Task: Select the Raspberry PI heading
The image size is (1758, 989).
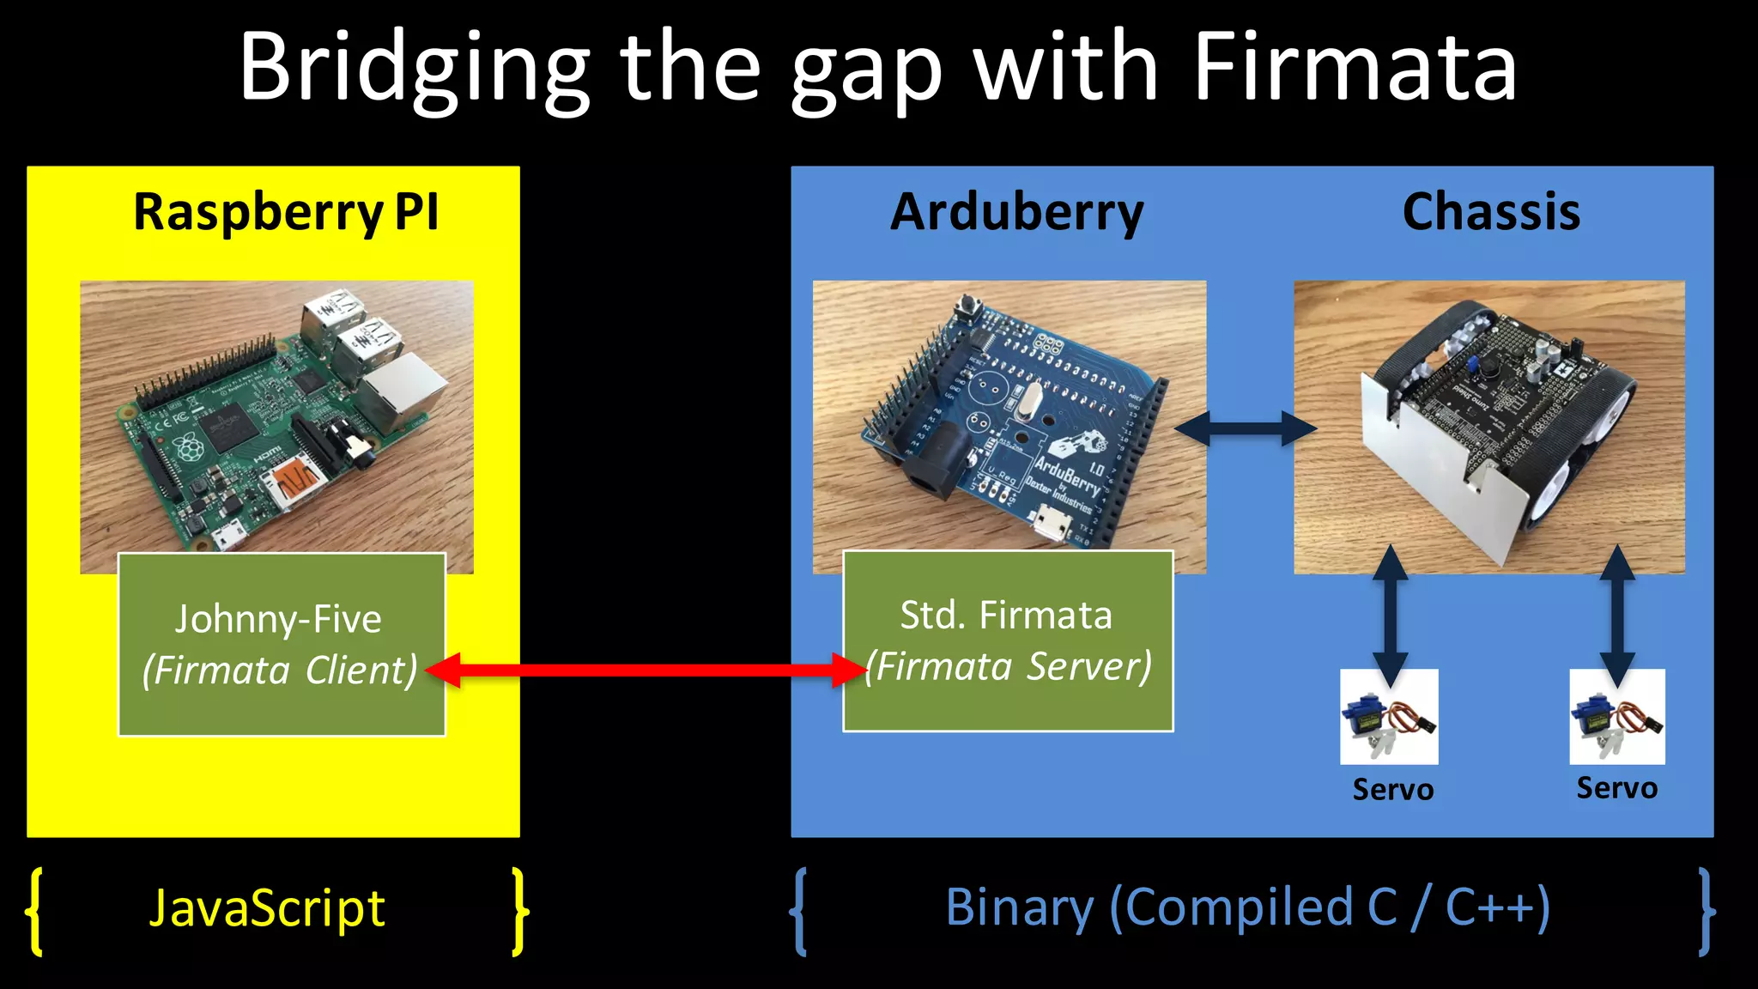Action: click(286, 212)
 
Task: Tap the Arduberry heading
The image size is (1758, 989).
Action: click(1016, 212)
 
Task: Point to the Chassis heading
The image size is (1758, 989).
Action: click(1491, 212)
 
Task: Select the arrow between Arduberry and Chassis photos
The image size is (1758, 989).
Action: click(1246, 428)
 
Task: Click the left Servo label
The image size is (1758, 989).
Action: click(1392, 789)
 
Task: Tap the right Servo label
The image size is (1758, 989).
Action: click(1616, 787)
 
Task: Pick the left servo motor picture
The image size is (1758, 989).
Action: click(1389, 717)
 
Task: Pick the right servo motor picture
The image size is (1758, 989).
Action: click(1616, 717)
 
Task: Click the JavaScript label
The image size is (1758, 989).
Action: click(267, 908)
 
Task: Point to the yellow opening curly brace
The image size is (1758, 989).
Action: click(35, 910)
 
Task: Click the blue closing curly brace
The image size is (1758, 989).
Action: click(1706, 910)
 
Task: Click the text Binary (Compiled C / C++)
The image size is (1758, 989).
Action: click(1247, 908)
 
